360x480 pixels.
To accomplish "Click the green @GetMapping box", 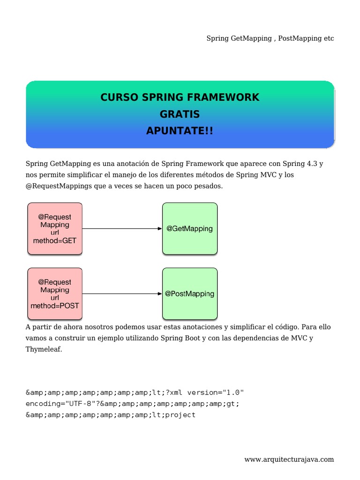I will (x=189, y=229).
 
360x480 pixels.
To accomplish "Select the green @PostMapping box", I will (x=189, y=294).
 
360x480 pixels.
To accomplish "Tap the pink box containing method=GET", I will (x=55, y=229).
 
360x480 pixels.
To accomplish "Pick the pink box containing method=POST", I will (x=55, y=294).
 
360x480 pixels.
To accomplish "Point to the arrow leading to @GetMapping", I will (x=122, y=229).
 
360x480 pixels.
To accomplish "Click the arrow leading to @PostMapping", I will (x=122, y=294).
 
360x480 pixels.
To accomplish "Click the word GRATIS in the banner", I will (x=180, y=114).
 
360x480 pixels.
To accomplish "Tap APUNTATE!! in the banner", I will (x=180, y=131).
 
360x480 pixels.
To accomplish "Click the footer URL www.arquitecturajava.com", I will (x=289, y=459).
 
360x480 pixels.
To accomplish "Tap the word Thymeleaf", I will (x=43, y=349).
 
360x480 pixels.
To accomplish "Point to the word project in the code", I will (x=180, y=415).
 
